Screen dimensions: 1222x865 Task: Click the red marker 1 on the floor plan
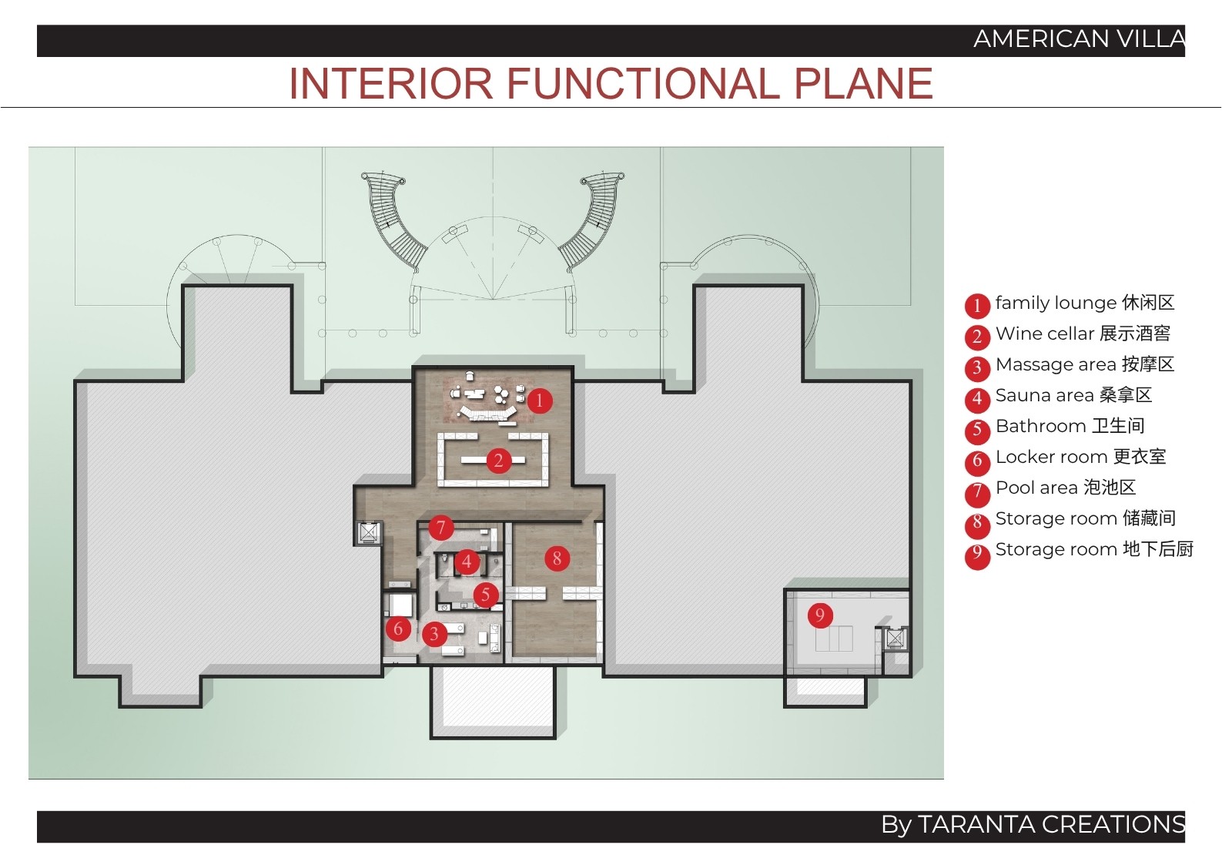click(x=540, y=401)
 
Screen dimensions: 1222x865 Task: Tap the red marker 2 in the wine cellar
click(x=498, y=461)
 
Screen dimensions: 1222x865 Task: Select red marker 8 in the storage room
click(x=557, y=558)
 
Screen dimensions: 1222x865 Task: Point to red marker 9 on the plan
click(x=820, y=615)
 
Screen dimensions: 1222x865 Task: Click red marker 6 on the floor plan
click(x=398, y=629)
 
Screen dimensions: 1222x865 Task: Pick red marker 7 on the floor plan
click(x=440, y=528)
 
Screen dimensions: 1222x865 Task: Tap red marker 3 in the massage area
click(x=434, y=634)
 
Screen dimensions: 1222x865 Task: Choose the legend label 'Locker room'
click(x=1051, y=457)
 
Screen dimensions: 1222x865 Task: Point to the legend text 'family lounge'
click(x=1054, y=303)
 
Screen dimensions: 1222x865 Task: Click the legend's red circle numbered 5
click(x=977, y=430)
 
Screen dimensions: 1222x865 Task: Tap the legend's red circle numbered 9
click(x=977, y=553)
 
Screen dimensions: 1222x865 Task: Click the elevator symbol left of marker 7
click(x=368, y=533)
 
